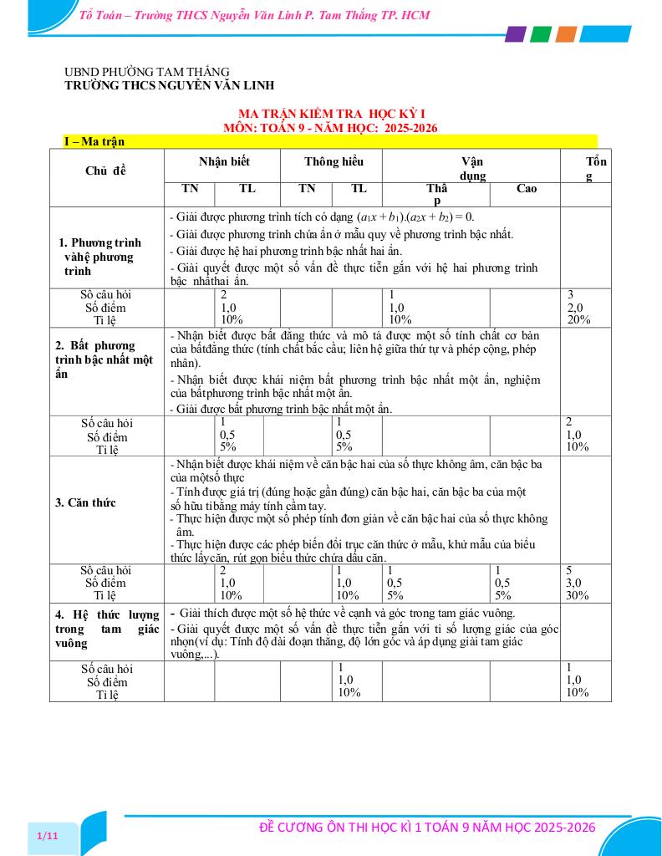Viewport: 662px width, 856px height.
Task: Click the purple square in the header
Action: point(516,34)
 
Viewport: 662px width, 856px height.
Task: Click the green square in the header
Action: point(541,34)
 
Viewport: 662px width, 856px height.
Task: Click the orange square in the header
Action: point(566,34)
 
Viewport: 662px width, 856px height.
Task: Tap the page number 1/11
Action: point(48,836)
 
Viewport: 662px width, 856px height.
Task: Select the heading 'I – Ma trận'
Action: point(94,141)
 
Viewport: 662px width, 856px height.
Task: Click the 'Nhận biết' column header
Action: point(224,161)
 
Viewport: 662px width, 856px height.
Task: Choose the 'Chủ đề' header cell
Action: point(106,171)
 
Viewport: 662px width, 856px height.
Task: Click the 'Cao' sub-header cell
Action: point(527,188)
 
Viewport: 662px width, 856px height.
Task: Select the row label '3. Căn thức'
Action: point(85,502)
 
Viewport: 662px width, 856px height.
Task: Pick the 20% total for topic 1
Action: point(578,319)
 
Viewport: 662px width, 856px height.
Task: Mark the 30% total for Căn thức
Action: point(578,595)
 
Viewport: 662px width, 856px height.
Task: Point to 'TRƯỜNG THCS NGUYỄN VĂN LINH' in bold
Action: point(170,85)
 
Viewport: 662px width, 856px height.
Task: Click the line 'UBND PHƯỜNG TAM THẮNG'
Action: point(147,72)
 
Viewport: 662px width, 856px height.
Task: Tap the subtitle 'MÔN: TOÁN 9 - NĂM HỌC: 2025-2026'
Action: point(331,128)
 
